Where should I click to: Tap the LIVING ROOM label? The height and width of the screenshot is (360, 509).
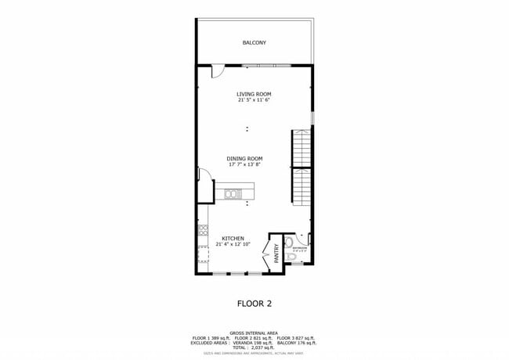254,94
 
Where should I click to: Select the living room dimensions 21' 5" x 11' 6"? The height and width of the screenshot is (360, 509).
254,100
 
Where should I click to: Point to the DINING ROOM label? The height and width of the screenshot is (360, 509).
244,158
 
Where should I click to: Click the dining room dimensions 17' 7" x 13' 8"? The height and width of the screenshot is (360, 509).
244,164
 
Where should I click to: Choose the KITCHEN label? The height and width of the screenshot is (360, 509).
233,239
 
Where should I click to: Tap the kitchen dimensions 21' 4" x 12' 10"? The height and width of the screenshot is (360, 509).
233,245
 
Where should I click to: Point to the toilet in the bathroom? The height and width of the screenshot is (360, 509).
291,257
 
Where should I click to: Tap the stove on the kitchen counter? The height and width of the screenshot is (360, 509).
202,230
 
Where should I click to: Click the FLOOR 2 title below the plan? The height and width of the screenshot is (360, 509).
254,303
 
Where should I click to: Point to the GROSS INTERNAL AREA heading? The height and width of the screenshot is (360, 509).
254,333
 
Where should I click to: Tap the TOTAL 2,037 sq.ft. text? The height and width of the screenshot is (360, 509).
254,347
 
